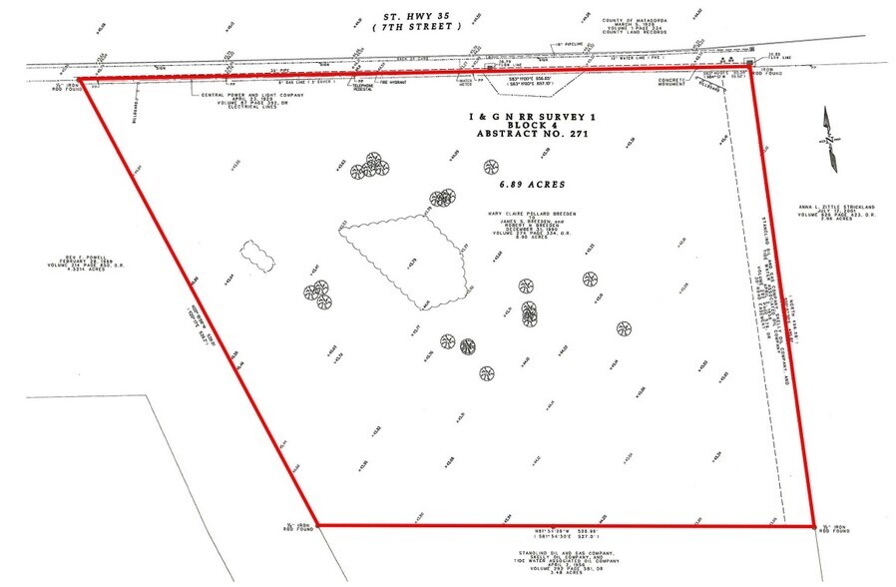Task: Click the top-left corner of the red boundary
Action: click(78, 79)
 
